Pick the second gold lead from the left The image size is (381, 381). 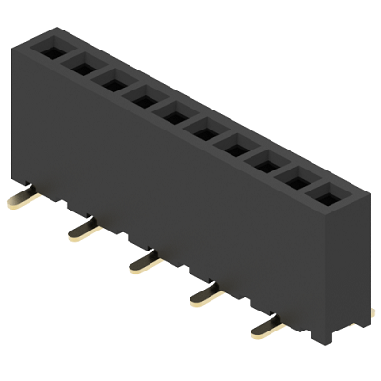[83, 231]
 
